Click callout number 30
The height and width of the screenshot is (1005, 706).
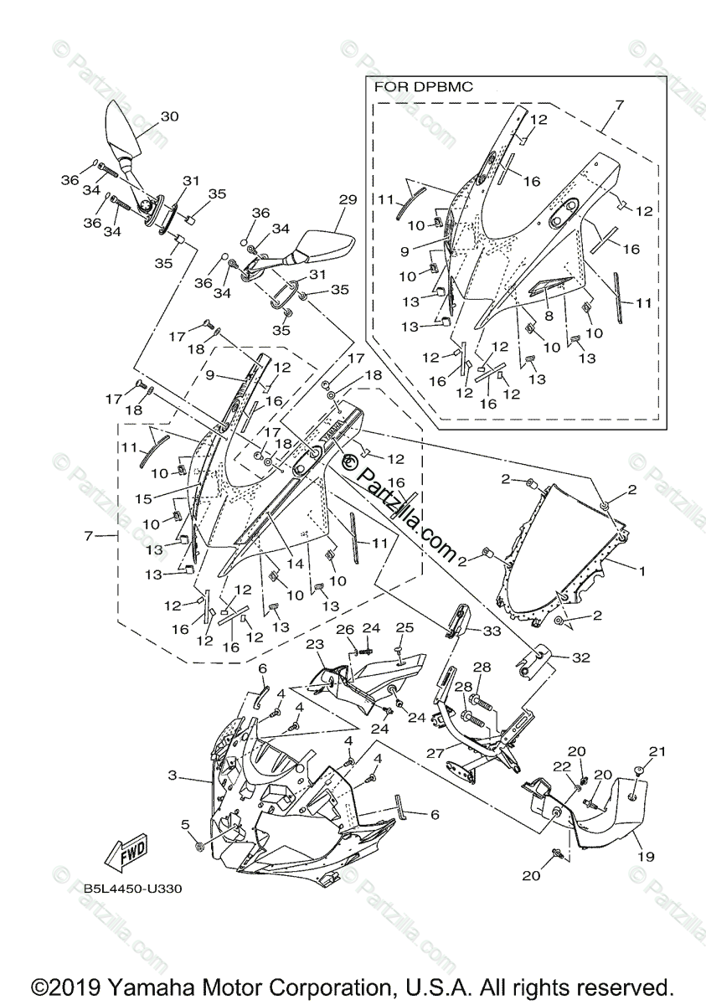(169, 116)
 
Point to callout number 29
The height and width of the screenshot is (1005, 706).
(348, 199)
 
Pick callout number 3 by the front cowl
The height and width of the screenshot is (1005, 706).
(173, 776)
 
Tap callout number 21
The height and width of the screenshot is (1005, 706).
(657, 750)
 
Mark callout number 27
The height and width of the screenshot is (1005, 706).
(434, 754)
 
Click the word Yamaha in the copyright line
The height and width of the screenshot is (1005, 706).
(133, 986)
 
